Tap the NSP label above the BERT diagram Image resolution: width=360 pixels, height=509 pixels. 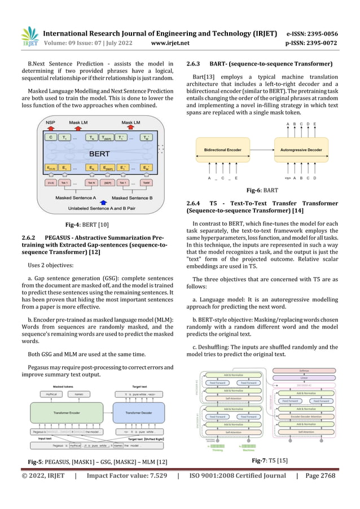coord(51,123)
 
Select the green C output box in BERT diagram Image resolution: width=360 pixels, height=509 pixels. coord(51,137)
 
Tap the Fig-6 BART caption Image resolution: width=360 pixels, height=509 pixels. coord(262,191)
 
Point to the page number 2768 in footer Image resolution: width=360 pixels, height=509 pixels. coord(325,476)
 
